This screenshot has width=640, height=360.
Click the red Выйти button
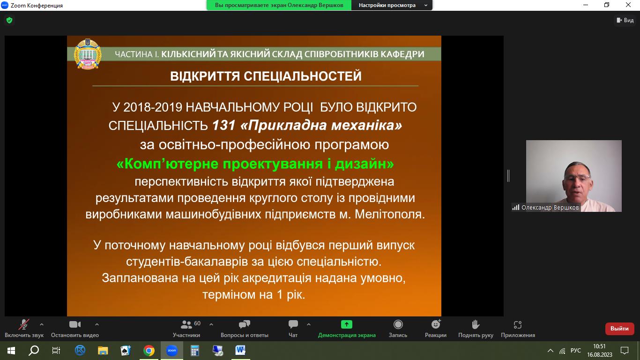pyautogui.click(x=619, y=329)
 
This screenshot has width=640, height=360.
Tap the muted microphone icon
pyautogui.click(x=24, y=324)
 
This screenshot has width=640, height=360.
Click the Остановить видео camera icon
pyautogui.click(x=75, y=324)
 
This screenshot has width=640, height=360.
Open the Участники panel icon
pyautogui.click(x=186, y=324)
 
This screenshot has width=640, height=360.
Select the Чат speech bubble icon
pyautogui.click(x=293, y=324)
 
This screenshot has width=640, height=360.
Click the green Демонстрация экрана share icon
pyautogui.click(x=347, y=324)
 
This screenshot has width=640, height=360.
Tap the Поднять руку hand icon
pyautogui.click(x=476, y=324)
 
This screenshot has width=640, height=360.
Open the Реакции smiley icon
pyautogui.click(x=436, y=324)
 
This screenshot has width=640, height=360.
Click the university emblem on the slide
pyautogui.click(x=88, y=54)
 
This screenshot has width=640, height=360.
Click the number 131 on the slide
pyautogui.click(x=223, y=125)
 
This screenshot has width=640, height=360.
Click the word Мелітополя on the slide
pyautogui.click(x=390, y=214)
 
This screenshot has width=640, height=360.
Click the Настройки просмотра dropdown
pyautogui.click(x=392, y=5)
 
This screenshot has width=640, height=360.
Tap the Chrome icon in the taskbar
pyautogui.click(x=149, y=351)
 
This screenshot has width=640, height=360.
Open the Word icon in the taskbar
pyautogui.click(x=240, y=350)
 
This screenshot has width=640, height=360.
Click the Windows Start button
pyautogui.click(x=11, y=351)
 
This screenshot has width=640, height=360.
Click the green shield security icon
pyautogui.click(x=9, y=20)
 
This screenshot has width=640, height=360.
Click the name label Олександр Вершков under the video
pyautogui.click(x=550, y=207)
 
